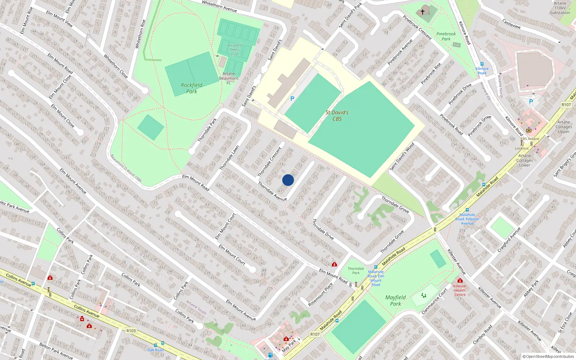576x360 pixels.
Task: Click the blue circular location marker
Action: [x=288, y=180]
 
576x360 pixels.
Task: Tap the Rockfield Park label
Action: [x=192, y=88]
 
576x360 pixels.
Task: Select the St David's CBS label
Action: [x=337, y=116]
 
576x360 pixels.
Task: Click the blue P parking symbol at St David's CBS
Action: [x=292, y=99]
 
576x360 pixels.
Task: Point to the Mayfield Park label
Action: [x=395, y=301]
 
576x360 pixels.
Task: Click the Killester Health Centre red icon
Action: [x=460, y=280]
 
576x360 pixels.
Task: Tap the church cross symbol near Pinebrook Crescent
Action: [x=423, y=12]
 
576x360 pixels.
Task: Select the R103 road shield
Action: [x=131, y=330]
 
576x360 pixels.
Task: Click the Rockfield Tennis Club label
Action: [x=235, y=50]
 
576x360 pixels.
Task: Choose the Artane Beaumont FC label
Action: [x=229, y=78]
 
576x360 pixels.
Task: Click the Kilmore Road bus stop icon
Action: [x=482, y=64]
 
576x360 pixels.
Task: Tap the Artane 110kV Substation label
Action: [x=560, y=8]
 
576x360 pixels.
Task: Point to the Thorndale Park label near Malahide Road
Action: [x=356, y=271]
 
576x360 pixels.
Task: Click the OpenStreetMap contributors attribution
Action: [x=548, y=356]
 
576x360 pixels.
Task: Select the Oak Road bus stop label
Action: [x=156, y=350]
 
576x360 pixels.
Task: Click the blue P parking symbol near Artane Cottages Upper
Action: [x=531, y=102]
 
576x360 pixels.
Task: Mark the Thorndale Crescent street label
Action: [x=270, y=162]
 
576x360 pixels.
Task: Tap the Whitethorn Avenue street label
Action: [x=219, y=6]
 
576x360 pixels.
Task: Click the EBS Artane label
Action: [x=530, y=139]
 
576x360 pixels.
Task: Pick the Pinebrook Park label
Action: [x=446, y=36]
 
